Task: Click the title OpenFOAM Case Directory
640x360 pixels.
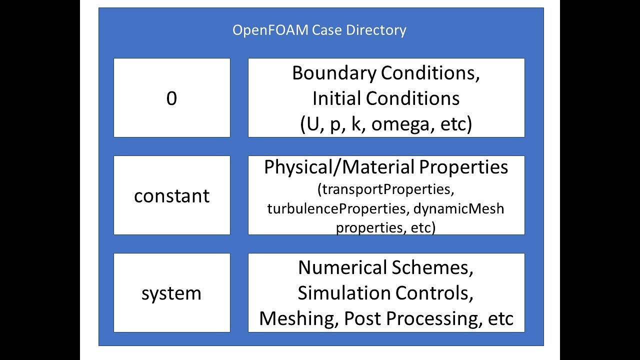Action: point(319,30)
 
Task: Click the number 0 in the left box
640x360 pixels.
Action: point(171,99)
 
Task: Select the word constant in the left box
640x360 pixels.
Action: point(171,196)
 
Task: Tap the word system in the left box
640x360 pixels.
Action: point(171,293)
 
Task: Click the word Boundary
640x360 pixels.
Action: point(334,73)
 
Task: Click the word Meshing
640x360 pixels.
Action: point(298,318)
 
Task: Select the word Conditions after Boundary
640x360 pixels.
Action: point(430,73)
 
